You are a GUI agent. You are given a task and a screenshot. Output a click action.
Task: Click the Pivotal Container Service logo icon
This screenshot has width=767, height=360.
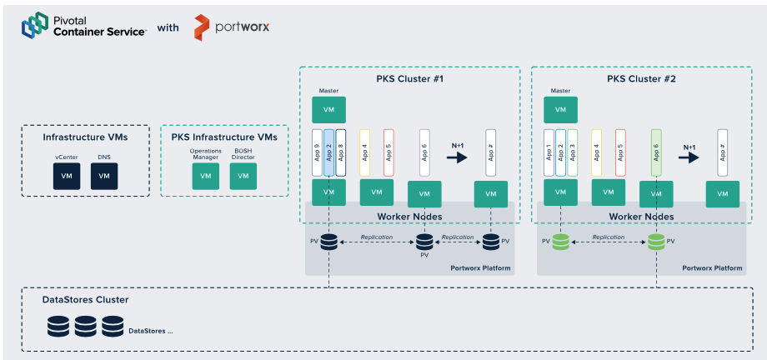(35, 26)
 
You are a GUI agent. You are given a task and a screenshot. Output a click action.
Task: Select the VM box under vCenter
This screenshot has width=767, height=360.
(66, 176)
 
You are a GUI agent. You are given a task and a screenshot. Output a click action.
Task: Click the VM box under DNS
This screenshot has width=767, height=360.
(104, 176)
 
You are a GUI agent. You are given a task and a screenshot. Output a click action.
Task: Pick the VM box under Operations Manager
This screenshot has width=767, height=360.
(205, 176)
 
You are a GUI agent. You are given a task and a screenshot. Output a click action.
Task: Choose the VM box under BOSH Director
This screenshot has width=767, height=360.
(243, 176)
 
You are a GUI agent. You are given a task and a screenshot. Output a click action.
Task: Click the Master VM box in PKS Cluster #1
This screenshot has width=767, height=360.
(328, 109)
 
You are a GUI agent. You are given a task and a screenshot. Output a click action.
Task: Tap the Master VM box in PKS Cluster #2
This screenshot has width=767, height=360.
(560, 109)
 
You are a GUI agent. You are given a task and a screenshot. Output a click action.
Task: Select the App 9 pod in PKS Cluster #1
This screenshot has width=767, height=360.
(317, 152)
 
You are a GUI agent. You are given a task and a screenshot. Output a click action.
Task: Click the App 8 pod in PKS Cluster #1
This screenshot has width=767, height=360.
(340, 152)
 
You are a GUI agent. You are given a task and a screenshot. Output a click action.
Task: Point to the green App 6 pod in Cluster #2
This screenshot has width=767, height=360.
(656, 152)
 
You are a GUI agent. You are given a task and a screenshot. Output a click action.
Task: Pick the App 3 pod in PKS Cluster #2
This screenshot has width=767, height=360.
(572, 152)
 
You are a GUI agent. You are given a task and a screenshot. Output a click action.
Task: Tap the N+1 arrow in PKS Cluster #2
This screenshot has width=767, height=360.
(689, 157)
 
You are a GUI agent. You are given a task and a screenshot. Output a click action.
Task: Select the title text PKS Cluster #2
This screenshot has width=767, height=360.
(641, 79)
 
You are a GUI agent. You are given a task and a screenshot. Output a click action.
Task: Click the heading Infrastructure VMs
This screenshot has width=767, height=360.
(85, 137)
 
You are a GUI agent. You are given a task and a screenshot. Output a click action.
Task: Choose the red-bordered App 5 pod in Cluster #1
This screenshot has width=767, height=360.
(389, 152)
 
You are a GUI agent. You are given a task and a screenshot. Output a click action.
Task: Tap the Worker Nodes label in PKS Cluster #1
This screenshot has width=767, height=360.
(409, 217)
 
